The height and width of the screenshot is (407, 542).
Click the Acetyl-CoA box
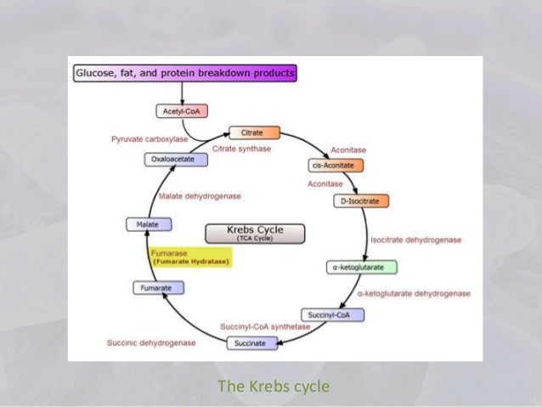182,111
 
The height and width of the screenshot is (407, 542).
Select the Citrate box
253,133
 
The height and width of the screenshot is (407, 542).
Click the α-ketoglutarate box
362,268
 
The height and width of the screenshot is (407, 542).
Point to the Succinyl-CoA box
333,314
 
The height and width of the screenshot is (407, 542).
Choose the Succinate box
250,343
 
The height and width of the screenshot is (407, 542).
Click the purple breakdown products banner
184,74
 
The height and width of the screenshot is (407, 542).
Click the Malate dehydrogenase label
200,196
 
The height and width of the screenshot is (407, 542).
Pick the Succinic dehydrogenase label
151,343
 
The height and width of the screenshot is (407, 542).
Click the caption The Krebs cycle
273,387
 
